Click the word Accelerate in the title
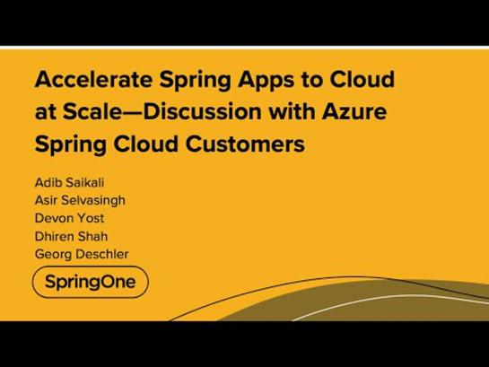(93, 79)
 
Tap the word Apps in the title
(266, 81)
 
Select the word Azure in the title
(354, 111)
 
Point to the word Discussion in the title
(202, 111)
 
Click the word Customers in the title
(245, 144)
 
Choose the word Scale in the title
(92, 111)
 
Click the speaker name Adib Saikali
(69, 182)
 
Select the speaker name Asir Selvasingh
(80, 200)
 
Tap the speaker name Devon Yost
(69, 218)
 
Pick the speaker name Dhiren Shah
(71, 236)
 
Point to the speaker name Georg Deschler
(82, 254)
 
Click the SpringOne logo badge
(91, 282)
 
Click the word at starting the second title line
(46, 112)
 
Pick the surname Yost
(91, 218)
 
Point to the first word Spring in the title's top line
(195, 81)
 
